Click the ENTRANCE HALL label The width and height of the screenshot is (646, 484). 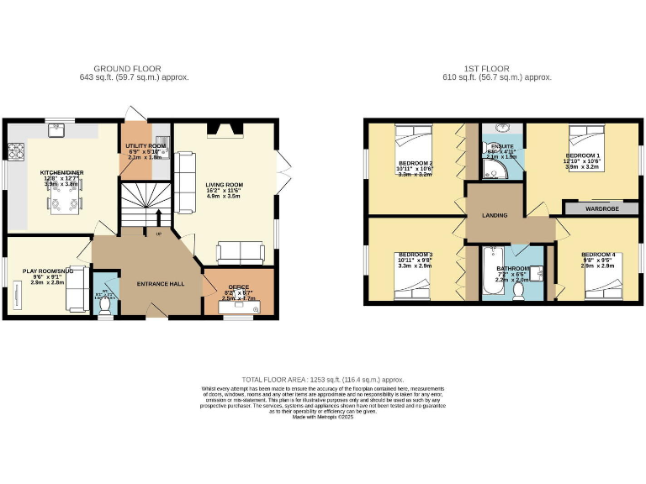tap(161, 284)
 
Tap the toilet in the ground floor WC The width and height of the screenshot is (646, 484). tap(105, 307)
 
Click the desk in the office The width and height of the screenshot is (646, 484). tap(239, 307)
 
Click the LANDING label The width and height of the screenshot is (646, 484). tap(495, 216)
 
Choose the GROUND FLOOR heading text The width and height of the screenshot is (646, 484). tap(127, 68)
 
